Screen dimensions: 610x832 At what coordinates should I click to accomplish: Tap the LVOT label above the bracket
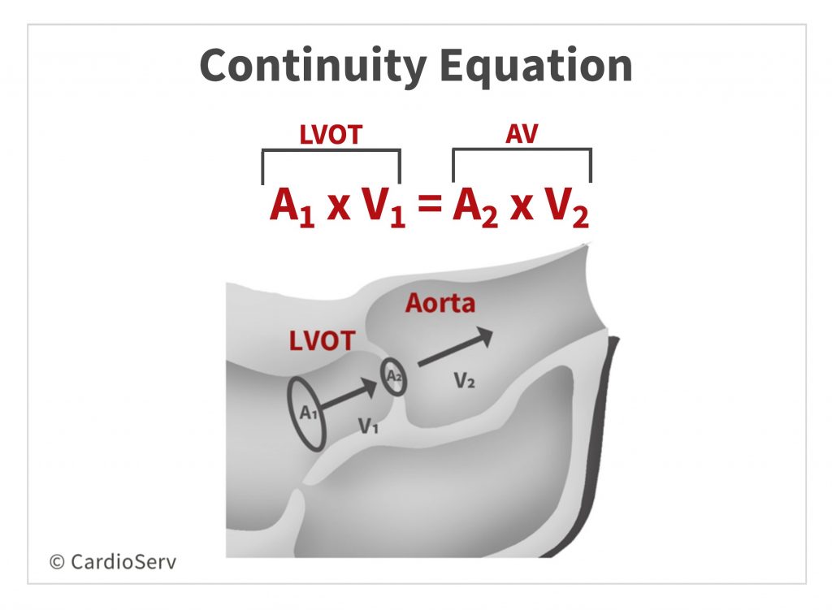[x=331, y=135]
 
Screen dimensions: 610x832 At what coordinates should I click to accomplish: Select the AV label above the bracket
[x=521, y=135]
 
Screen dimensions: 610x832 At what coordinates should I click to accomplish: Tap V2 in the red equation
[x=566, y=207]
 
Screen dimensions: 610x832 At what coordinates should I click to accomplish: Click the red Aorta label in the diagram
[x=440, y=304]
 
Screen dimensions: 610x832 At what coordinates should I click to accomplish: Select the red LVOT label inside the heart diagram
[x=322, y=340]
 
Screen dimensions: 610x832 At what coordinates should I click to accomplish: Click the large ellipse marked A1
[x=307, y=412]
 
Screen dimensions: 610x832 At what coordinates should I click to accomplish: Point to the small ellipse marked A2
[x=394, y=377]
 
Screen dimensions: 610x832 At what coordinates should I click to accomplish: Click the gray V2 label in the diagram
[x=464, y=380]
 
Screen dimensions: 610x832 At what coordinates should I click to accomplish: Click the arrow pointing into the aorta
[x=455, y=347]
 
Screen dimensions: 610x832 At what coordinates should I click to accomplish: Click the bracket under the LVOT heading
[x=331, y=151]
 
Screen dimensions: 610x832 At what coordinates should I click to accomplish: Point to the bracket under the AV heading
[x=521, y=151]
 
